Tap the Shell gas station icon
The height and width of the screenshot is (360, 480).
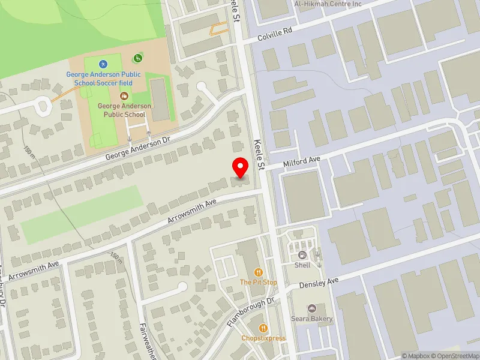[x=302, y=254]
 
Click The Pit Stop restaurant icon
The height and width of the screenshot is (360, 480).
[x=259, y=272]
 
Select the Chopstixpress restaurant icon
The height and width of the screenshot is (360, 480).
[x=263, y=328]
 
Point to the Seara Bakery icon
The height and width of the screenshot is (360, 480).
[x=311, y=308]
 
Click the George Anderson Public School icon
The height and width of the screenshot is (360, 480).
[x=124, y=95]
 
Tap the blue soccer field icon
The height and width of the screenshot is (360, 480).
[x=103, y=64]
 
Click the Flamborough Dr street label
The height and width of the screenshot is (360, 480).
[x=250, y=313]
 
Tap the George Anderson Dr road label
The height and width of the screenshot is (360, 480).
[x=139, y=148]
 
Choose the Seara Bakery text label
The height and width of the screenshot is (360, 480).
[x=312, y=319]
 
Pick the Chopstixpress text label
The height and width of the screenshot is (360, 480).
[x=263, y=338]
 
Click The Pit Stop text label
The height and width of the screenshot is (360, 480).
[x=259, y=282]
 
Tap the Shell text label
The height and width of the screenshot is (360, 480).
[x=302, y=265]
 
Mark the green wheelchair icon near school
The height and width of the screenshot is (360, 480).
[x=138, y=58]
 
